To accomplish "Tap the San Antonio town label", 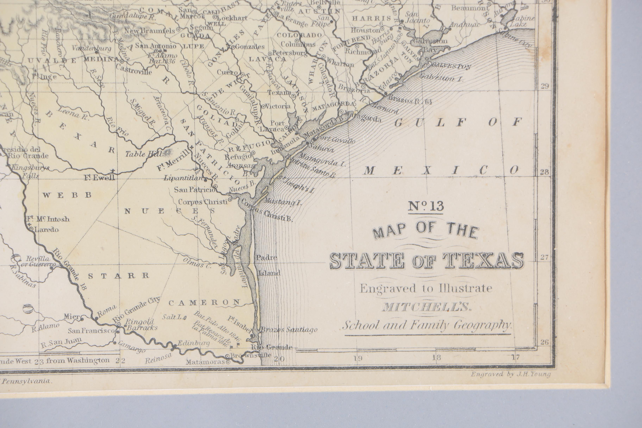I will (156, 46).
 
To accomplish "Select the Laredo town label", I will (46, 229).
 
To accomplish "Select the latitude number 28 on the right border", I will (545, 172).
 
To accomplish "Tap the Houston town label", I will (365, 30).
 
